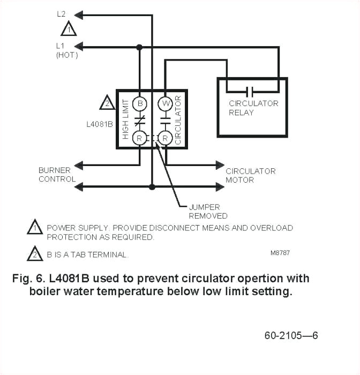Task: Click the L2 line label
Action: [x=62, y=13]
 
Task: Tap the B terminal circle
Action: [x=139, y=102]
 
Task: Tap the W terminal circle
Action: [x=165, y=102]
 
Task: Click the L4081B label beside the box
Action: [x=99, y=124]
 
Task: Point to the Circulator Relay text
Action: [x=253, y=108]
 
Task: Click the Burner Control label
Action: [x=57, y=175]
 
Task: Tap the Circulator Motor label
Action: [x=250, y=175]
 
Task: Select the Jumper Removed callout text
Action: [x=208, y=211]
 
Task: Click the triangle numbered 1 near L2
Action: [x=69, y=29]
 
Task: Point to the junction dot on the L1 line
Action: [x=139, y=47]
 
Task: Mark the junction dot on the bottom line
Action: [x=152, y=187]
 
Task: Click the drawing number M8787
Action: [x=280, y=252]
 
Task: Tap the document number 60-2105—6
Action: [x=291, y=336]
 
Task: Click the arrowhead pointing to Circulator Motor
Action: [x=220, y=164]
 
